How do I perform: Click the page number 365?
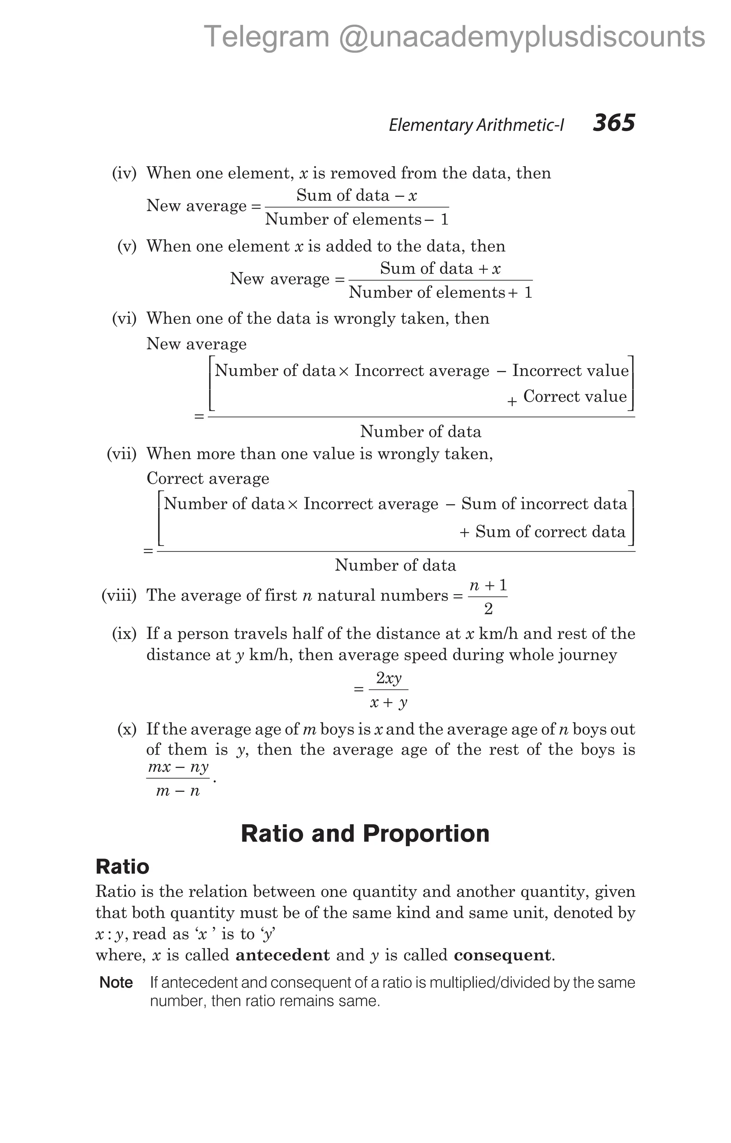(613, 123)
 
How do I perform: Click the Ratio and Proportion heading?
(365, 833)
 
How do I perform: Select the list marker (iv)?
(124, 173)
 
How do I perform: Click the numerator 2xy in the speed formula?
(389, 678)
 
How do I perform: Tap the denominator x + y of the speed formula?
(389, 703)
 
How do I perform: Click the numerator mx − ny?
(178, 767)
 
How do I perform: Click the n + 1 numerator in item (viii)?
(488, 585)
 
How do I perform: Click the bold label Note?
(116, 983)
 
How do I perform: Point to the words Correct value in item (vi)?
(575, 396)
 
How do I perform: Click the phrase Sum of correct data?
(550, 532)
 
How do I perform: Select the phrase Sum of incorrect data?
(544, 504)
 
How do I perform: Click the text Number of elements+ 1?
(440, 292)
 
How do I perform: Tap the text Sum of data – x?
(357, 195)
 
